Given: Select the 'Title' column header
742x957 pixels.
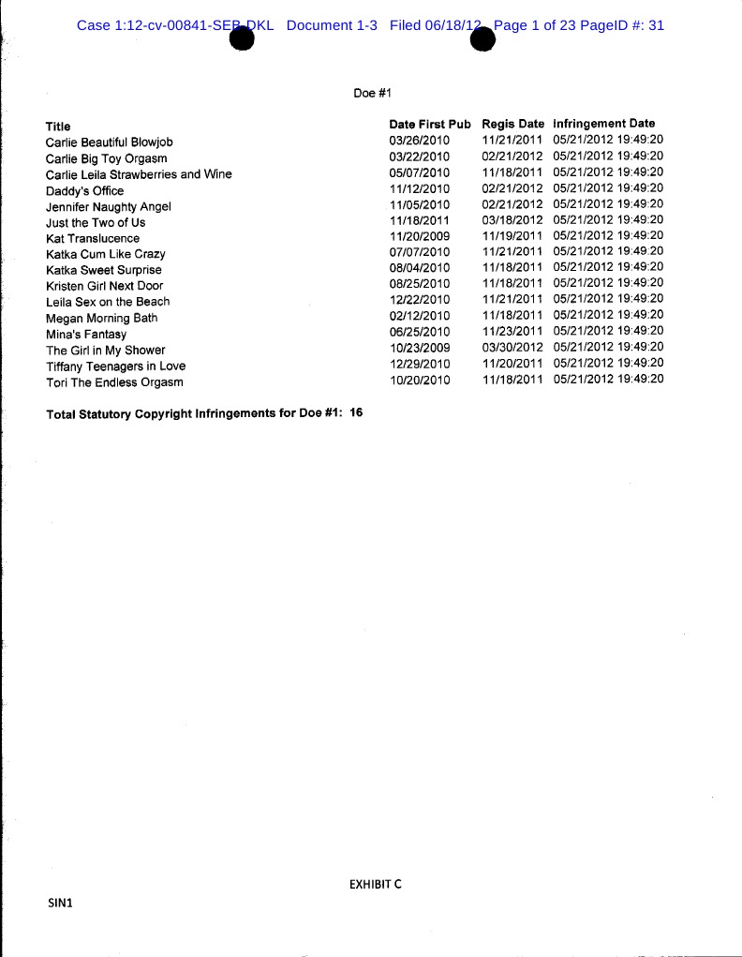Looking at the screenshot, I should (x=58, y=127).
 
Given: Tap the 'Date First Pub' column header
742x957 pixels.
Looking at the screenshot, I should (x=430, y=124).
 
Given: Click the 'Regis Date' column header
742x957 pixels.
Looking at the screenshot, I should (x=512, y=124).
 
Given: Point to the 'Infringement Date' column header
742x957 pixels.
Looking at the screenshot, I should (x=604, y=123).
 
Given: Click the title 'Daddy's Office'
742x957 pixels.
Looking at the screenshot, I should (x=84, y=190).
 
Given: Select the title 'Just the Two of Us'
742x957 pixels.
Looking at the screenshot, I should (x=96, y=222).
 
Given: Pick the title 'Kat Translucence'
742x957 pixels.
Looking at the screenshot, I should (x=93, y=238).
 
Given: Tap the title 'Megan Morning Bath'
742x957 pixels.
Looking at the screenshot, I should (x=102, y=318).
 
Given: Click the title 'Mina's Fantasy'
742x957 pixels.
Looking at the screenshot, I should (x=86, y=334).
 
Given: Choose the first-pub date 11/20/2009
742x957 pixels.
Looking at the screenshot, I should (x=420, y=236).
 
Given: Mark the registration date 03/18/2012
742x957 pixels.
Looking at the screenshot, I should (x=512, y=219).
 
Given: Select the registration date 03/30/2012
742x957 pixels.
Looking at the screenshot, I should (x=512, y=348).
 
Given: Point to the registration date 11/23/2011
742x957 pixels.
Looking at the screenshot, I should (x=512, y=331).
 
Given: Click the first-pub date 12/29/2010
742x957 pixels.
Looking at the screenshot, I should (x=420, y=364).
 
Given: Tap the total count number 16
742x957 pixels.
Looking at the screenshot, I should (x=356, y=412).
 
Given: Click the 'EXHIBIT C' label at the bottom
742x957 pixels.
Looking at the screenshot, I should (x=375, y=884).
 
